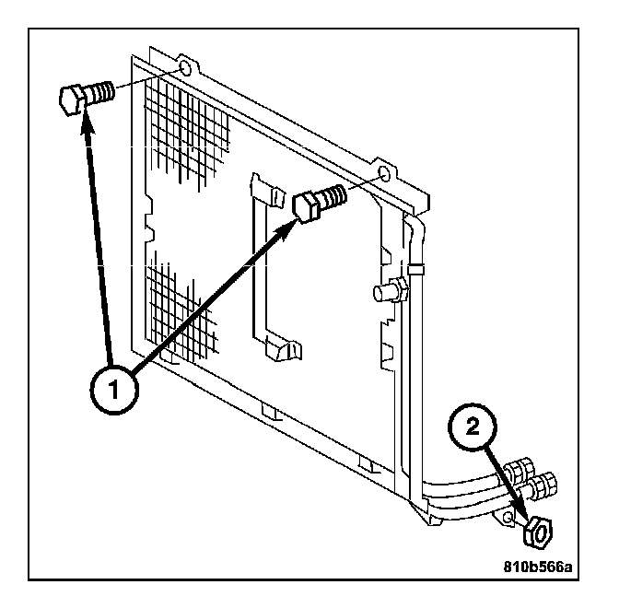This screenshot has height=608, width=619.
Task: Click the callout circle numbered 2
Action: point(473,427)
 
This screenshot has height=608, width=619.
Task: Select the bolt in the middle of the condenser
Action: point(319,201)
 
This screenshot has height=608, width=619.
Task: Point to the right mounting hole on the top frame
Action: point(388,172)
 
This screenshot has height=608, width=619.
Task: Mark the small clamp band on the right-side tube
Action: point(416,270)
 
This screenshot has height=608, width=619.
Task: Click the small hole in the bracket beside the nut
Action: point(508,519)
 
